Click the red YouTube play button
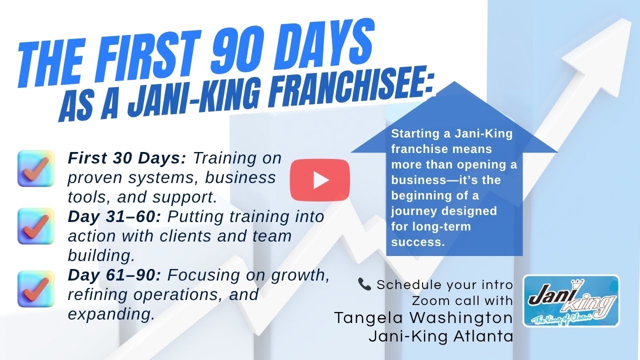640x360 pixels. pos(320,180)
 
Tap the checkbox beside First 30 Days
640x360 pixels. pos(35,168)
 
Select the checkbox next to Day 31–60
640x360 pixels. pos(35,226)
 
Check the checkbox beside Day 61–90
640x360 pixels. pos(35,288)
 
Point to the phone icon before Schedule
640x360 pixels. pos(364,284)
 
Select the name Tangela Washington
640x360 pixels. pos(423,318)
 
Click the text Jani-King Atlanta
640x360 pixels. pos(441,336)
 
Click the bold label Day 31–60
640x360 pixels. pos(115,217)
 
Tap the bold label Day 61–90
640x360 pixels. pos(115,274)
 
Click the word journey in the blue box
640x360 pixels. pos(412,210)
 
